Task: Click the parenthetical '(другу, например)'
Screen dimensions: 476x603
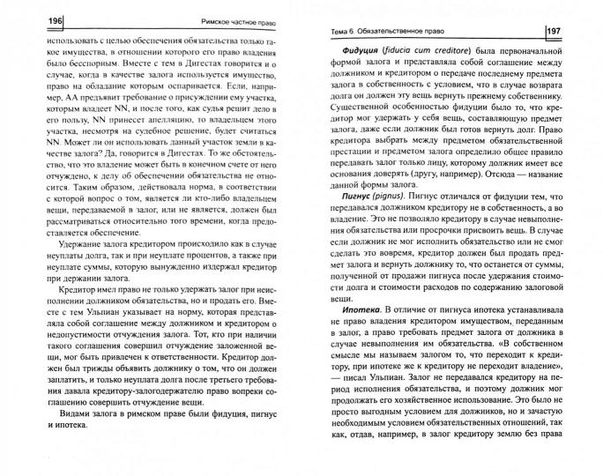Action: pos(430,185)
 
